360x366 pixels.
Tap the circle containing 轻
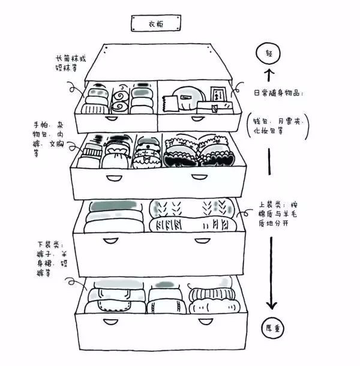pyautogui.click(x=268, y=54)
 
